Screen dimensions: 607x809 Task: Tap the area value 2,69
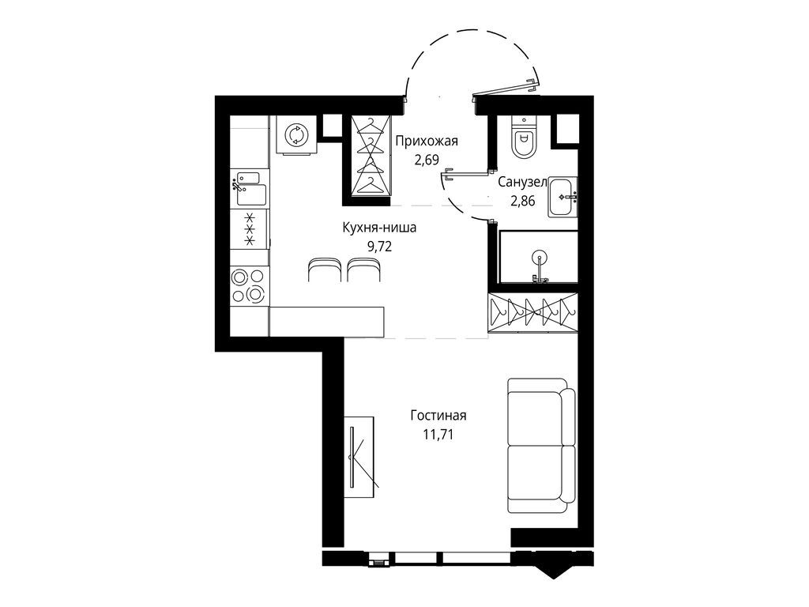(x=427, y=159)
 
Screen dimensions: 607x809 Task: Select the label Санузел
(x=523, y=183)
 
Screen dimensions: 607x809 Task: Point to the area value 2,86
(x=523, y=200)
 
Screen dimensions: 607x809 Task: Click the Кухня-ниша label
(x=379, y=228)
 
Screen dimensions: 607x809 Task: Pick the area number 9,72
(x=379, y=245)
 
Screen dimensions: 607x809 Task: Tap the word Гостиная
(x=438, y=416)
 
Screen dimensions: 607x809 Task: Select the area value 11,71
(x=438, y=433)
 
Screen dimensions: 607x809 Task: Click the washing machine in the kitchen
(x=296, y=135)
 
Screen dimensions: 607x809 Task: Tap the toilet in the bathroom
(x=523, y=139)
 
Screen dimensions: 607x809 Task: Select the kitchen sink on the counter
(x=250, y=188)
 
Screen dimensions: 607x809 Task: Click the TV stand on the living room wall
(x=360, y=456)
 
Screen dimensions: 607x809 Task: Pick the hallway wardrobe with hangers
(x=370, y=156)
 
